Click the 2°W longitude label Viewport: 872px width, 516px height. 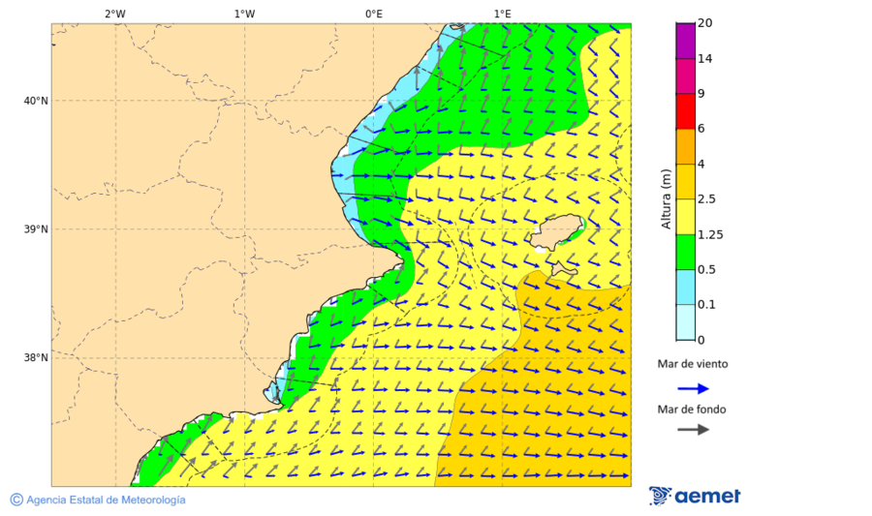pos(114,14)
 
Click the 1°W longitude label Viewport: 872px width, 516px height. pos(244,14)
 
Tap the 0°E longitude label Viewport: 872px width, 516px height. pos(373,14)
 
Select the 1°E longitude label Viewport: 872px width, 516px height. pos(502,14)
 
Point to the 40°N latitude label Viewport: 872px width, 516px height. pos(36,101)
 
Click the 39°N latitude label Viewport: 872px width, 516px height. pos(36,229)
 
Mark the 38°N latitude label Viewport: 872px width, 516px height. pos(36,358)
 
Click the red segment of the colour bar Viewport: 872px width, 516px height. pos(686,111)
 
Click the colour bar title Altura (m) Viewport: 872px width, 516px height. pos(666,198)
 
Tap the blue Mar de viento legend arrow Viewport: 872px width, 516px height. pos(693,388)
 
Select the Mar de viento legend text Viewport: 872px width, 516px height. pos(692,365)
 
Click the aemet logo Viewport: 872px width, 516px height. pos(695,496)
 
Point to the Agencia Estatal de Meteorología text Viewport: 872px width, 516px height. pos(105,500)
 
